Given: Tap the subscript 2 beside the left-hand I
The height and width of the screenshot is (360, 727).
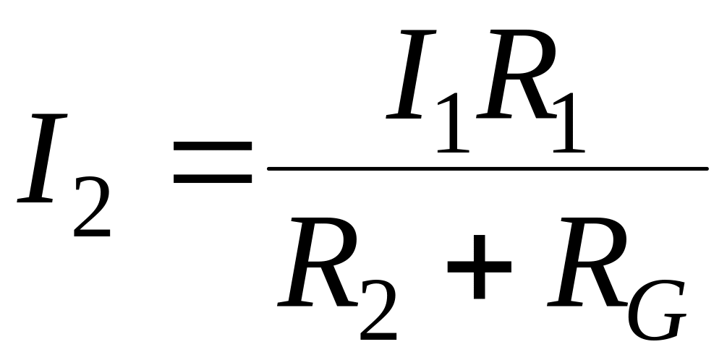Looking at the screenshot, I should coord(92,210).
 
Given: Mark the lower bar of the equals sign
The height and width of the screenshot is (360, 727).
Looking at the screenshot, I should coord(213,179).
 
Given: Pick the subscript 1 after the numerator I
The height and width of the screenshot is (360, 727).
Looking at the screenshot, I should coord(451,123).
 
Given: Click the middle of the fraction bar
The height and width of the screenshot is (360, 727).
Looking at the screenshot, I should coord(488,170).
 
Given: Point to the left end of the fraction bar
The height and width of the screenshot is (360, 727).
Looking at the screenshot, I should coord(271,170).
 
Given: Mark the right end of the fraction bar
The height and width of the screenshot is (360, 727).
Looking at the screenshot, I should coord(705,170).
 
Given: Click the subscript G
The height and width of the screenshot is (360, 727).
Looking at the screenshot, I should coord(655,312).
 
